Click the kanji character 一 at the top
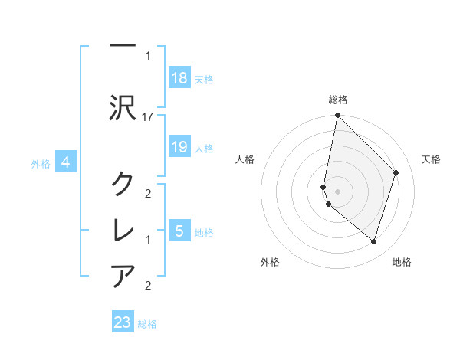(123, 45)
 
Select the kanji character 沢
(123, 108)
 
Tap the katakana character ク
(123, 183)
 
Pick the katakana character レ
(123, 230)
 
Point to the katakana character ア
(123, 276)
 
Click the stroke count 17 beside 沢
(147, 117)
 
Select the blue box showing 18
(179, 77)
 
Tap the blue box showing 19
(179, 146)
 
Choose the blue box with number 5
(179, 230)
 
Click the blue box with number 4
(66, 162)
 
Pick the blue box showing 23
(123, 321)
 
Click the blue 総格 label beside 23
(147, 324)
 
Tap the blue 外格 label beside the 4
(41, 164)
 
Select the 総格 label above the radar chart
(338, 100)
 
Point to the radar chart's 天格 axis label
(431, 159)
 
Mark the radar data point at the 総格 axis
(337, 115)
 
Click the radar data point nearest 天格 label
(396, 172)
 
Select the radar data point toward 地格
(373, 241)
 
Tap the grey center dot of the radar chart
(337, 191)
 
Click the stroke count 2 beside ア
(148, 286)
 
